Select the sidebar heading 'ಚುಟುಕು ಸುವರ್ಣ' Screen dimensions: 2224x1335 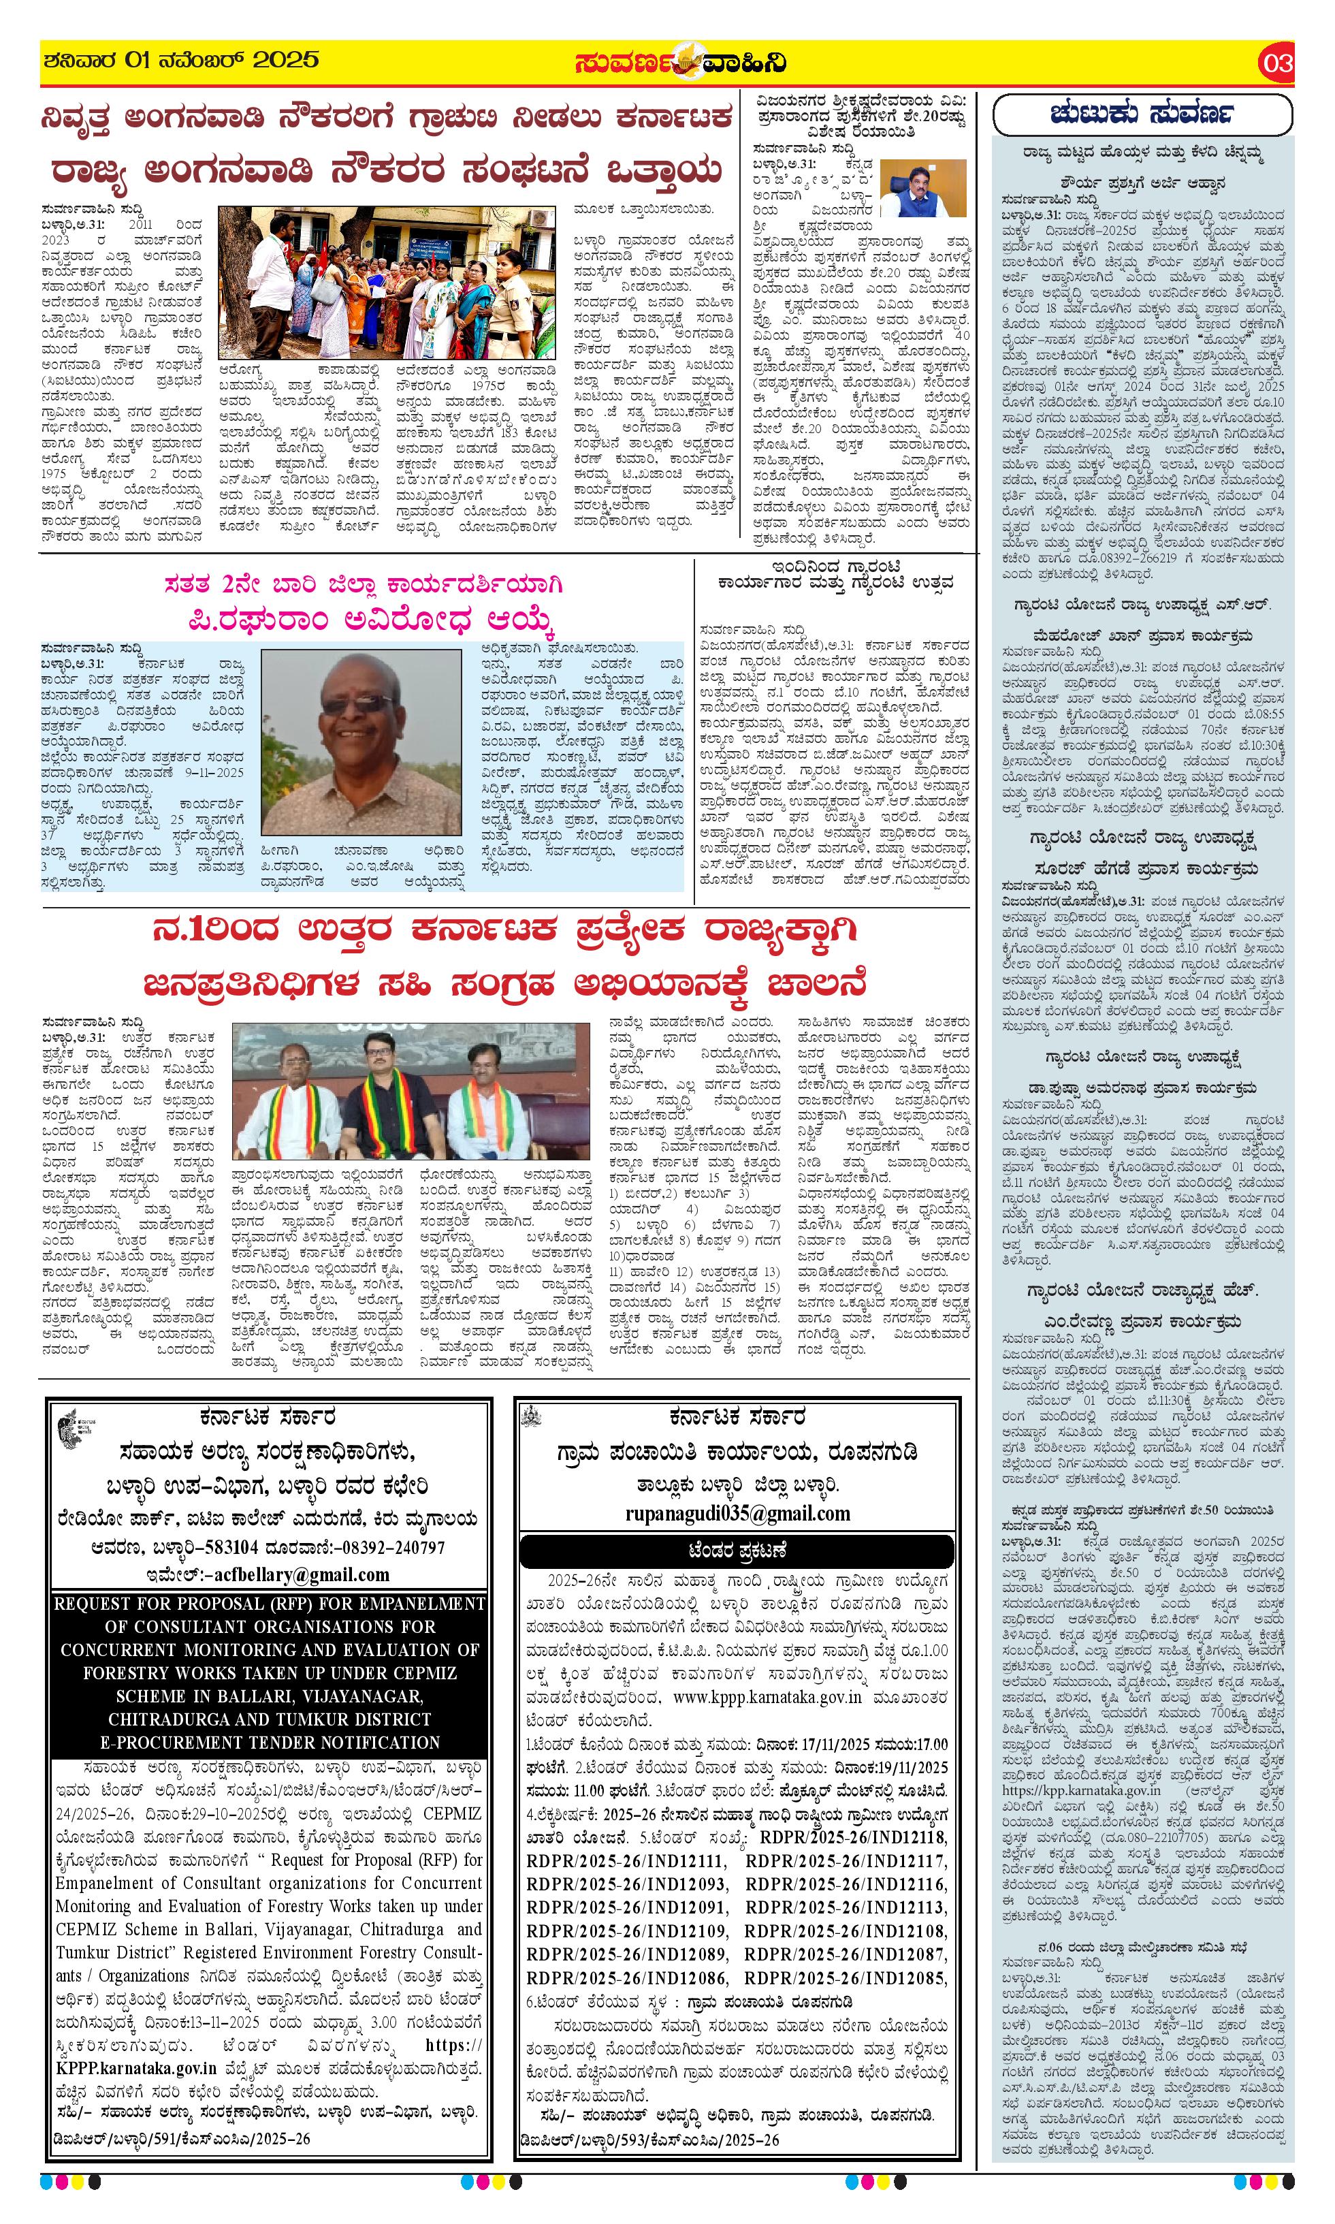coord(1142,114)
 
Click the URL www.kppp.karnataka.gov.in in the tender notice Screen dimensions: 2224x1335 coord(767,1697)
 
